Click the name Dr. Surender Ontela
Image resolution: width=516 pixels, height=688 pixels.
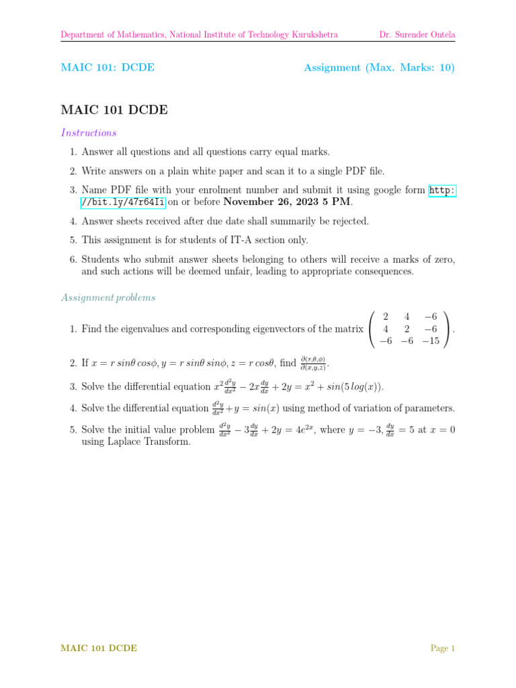tap(417, 34)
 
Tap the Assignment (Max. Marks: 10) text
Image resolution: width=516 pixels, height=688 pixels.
tap(379, 68)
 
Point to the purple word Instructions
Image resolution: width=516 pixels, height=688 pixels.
tap(89, 133)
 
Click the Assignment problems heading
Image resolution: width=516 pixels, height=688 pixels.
tap(108, 297)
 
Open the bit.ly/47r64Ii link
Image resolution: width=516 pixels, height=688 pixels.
tap(123, 202)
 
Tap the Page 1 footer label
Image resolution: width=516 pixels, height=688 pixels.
tap(443, 648)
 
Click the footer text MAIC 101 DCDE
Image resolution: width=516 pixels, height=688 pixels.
tap(99, 648)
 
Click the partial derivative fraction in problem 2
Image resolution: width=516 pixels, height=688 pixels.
tap(312, 363)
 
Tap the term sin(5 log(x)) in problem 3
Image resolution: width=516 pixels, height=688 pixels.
tap(343, 386)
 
